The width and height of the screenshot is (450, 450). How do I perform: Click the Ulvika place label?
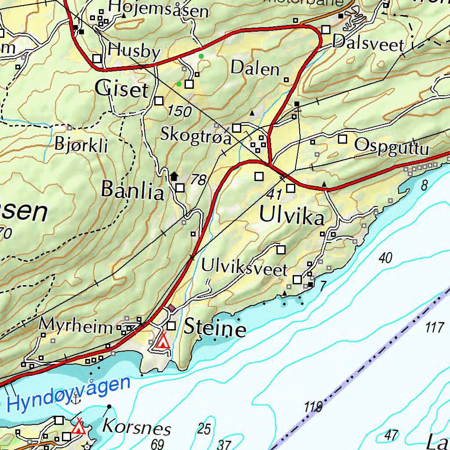coord(292,216)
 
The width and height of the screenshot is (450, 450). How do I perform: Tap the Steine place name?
coord(215,328)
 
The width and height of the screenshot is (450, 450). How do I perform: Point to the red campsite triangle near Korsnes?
coord(79,426)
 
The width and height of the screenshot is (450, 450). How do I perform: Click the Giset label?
coord(122,90)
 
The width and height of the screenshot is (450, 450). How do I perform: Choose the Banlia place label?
coord(132,190)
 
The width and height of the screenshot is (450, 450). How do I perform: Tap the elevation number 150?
coord(179,111)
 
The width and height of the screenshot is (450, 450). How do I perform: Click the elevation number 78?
coord(199,179)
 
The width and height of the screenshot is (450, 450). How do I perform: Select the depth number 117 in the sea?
coord(435,327)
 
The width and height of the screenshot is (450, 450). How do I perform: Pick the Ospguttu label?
coord(391,146)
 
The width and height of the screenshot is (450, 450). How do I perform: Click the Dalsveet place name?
coord(368,44)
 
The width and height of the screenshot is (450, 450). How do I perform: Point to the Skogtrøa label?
coord(196,135)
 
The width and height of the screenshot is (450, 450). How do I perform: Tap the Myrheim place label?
coord(76,326)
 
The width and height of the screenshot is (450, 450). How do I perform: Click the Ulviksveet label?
coord(244,268)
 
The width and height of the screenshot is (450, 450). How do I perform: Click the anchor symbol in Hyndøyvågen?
coord(76,399)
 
